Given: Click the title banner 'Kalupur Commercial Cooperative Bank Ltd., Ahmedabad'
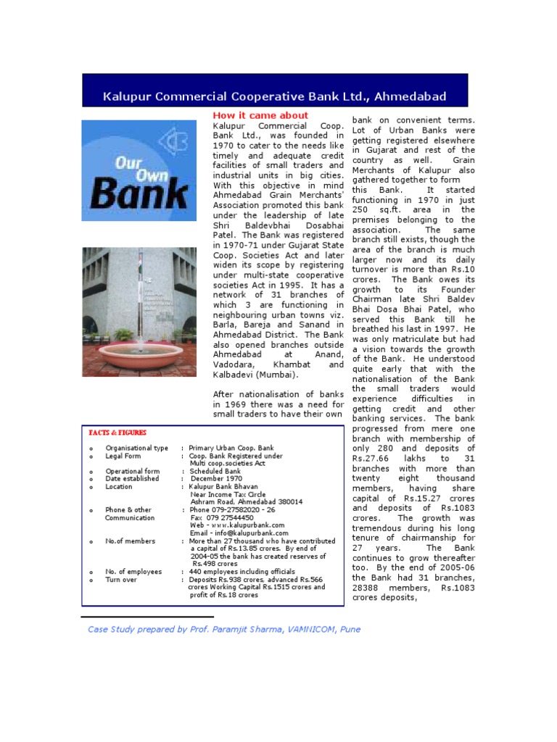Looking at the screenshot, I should (x=274, y=96).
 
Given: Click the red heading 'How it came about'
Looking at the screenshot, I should (x=260, y=116).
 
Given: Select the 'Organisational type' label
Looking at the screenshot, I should (x=136, y=449).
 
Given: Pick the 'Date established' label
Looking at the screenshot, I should (x=132, y=479).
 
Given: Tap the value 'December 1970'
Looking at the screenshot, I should (x=216, y=479).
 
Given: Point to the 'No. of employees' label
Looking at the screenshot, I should (x=133, y=572).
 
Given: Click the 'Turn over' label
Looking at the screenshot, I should (x=123, y=580).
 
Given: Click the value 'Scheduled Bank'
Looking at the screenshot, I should (x=215, y=472).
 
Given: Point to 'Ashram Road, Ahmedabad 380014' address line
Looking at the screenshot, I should (x=247, y=502).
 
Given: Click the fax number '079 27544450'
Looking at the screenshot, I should (x=231, y=518).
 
